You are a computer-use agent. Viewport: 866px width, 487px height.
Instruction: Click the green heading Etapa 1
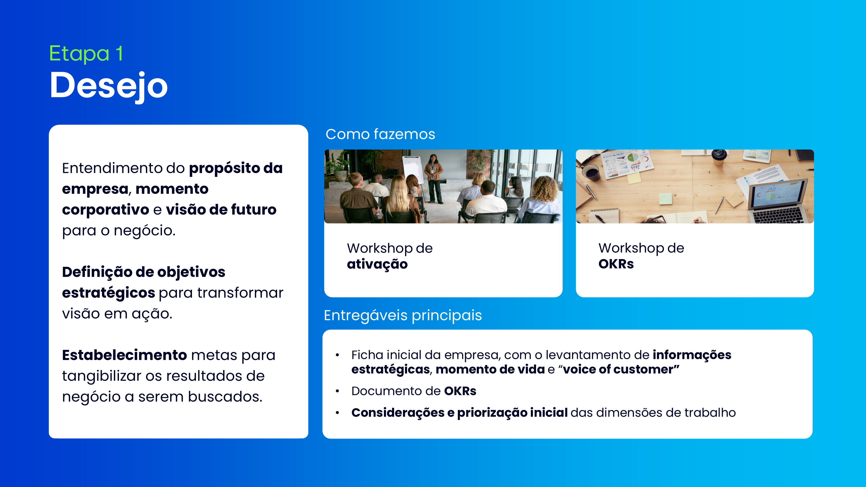86,53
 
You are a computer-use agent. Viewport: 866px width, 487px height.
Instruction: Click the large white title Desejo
108,86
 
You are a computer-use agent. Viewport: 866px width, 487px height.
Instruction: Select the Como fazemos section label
380,134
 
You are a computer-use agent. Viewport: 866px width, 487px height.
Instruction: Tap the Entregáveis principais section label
403,315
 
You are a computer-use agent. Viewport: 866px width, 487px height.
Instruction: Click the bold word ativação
377,264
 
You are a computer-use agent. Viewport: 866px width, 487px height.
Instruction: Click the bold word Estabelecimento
124,355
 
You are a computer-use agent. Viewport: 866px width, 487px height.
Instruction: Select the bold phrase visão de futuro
221,210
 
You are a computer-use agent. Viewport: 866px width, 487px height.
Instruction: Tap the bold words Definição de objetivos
143,272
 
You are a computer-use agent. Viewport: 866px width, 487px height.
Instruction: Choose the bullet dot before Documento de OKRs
337,391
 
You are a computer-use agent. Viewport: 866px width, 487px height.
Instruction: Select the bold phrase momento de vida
490,369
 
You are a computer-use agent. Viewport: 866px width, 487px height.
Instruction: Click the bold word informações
692,355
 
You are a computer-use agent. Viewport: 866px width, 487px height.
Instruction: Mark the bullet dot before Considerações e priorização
337,413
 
